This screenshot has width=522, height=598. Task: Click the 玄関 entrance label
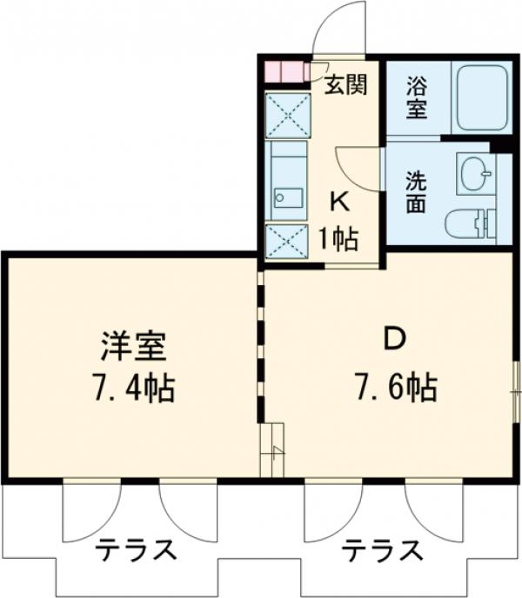point(345,84)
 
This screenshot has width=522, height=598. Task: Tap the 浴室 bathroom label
point(416,97)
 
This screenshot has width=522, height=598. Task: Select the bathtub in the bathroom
point(483,98)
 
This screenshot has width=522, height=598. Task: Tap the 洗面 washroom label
point(416,192)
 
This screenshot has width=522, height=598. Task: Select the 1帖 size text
point(339,240)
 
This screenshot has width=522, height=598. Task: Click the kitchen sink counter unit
point(287,181)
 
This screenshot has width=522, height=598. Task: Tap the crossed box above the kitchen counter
point(288,116)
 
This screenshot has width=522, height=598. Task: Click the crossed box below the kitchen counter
point(287,242)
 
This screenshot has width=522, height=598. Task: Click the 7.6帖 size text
point(397,388)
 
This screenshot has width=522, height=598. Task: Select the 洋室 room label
point(133,346)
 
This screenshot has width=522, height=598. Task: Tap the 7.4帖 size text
point(133,389)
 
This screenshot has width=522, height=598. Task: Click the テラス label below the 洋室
point(136,549)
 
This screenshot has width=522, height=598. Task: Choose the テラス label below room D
point(382,550)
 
